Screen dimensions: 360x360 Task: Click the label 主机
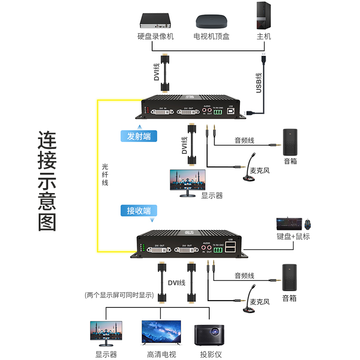click(264, 36)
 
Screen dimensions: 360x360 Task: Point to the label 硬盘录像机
click(156, 36)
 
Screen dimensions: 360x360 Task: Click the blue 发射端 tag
click(139, 136)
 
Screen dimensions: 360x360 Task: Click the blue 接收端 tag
click(139, 210)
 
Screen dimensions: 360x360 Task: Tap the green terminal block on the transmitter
click(218, 112)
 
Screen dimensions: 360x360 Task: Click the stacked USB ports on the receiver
click(231, 248)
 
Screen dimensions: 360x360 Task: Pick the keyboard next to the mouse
click(288, 223)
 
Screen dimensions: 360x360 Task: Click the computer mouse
click(308, 223)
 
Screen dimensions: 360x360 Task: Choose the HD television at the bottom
click(161, 333)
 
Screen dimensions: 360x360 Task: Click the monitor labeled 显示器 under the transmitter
click(187, 181)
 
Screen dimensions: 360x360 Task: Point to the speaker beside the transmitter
click(290, 142)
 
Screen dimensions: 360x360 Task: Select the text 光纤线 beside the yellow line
click(105, 175)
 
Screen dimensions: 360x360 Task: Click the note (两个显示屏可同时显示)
click(119, 296)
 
